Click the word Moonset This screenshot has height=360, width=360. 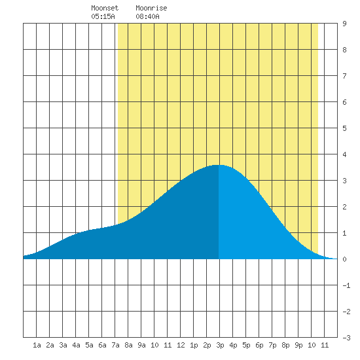click(x=105, y=8)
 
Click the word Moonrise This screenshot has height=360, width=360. click(x=151, y=8)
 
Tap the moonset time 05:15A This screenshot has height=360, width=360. click(x=103, y=16)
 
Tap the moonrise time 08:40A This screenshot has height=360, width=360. click(x=147, y=16)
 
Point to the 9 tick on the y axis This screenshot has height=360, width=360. click(x=344, y=24)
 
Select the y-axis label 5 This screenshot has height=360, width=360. click(x=344, y=128)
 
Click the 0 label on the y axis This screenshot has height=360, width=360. click(x=344, y=259)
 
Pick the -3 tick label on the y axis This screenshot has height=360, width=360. click(x=346, y=338)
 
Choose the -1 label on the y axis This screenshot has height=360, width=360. click(x=346, y=285)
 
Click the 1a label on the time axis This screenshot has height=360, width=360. click(x=37, y=345)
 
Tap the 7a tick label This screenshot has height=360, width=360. click(x=115, y=345)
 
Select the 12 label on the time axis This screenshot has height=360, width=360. click(x=181, y=345)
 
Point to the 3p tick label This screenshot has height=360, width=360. click(x=220, y=345)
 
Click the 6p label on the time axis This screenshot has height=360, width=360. click(x=259, y=345)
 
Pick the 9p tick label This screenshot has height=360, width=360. click(x=298, y=345)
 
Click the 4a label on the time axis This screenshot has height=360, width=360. click(x=76, y=345)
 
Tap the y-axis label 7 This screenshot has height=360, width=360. click(x=344, y=76)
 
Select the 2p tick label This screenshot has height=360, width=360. click(x=207, y=345)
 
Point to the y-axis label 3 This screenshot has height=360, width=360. click(x=344, y=181)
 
